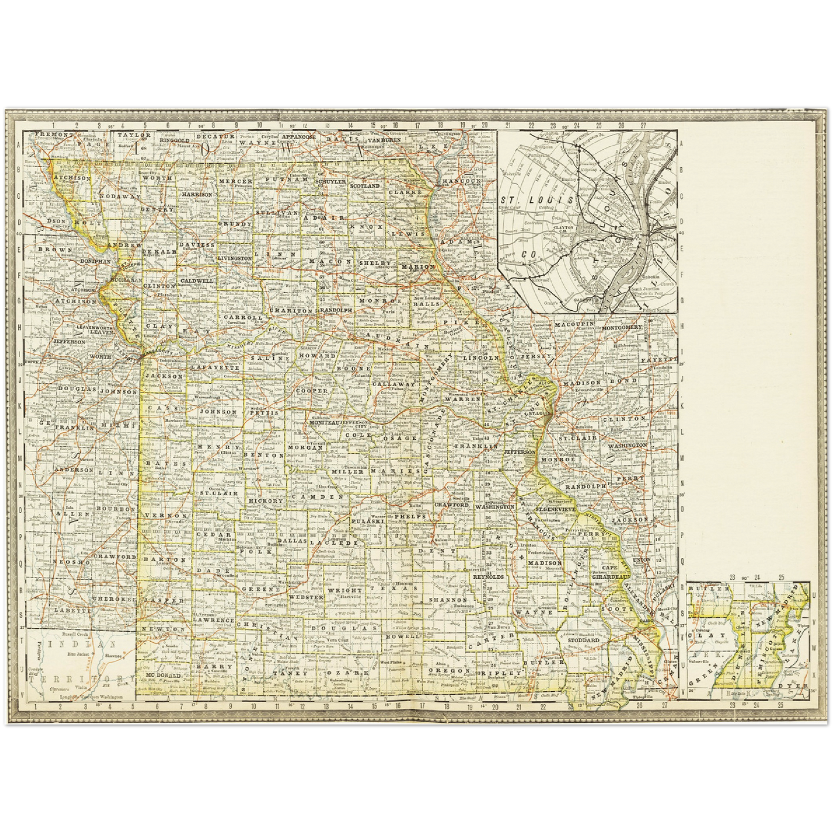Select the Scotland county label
tap(364, 186)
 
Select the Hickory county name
tap(266, 501)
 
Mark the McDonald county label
tap(164, 675)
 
